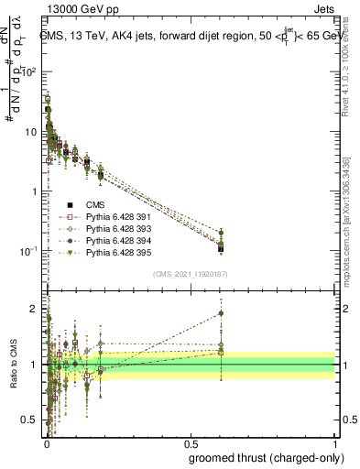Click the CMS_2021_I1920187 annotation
click(190, 274)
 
